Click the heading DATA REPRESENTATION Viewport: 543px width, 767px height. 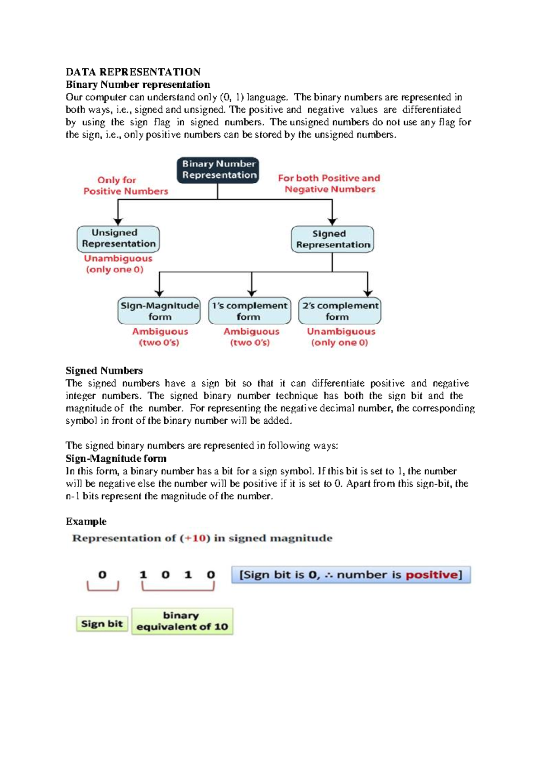pos(133,72)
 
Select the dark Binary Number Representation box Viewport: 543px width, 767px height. pos(218,170)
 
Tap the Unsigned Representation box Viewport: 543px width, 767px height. pos(118,238)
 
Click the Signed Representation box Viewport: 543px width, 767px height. pos(332,239)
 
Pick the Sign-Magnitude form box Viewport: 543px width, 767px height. pos(159,311)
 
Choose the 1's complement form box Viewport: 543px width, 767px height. pos(249,311)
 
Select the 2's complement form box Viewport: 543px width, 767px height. pos(339,311)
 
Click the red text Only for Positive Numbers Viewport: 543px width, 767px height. pos(125,185)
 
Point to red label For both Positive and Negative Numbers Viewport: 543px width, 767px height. pos(329,184)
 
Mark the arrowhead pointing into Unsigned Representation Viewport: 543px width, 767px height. pos(118,222)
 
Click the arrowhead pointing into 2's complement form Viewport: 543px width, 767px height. pos(368,293)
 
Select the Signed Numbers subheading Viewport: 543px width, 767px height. pos(104,370)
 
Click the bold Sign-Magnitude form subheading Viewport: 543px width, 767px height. pos(116,458)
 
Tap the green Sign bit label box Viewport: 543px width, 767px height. pos(102,624)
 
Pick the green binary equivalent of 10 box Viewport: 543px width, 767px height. pos(182,621)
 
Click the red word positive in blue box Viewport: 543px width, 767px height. pos(431,575)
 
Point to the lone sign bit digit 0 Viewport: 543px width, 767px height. pos(102,575)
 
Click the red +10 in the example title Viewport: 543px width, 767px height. pos(195,538)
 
